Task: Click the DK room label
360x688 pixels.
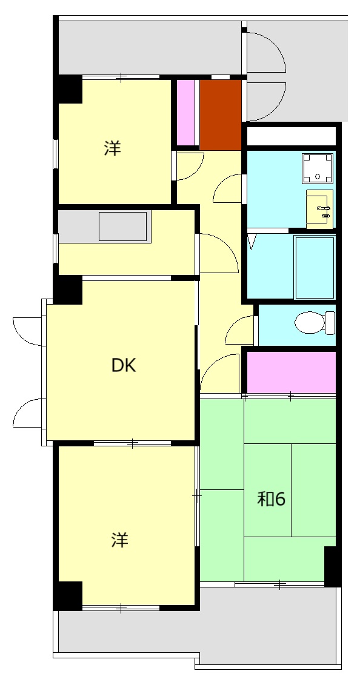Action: pyautogui.click(x=124, y=365)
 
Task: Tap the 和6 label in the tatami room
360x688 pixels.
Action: pyautogui.click(x=272, y=499)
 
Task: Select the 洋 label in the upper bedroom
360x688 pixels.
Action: pyautogui.click(x=112, y=148)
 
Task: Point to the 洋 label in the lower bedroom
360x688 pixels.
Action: pyautogui.click(x=119, y=540)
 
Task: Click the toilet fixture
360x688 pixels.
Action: pyautogui.click(x=315, y=323)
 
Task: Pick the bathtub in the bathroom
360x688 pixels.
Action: pyautogui.click(x=315, y=268)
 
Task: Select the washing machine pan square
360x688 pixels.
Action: pyautogui.click(x=318, y=168)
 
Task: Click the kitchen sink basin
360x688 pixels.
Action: pyautogui.click(x=122, y=227)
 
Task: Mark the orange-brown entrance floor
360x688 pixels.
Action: pyautogui.click(x=221, y=115)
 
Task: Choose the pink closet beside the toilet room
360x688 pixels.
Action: pyautogui.click(x=292, y=372)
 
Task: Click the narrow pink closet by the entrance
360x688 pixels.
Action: pyautogui.click(x=185, y=113)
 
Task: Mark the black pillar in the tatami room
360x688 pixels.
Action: pyautogui.click(x=332, y=566)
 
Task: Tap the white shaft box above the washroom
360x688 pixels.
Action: pyautogui.click(x=292, y=136)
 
